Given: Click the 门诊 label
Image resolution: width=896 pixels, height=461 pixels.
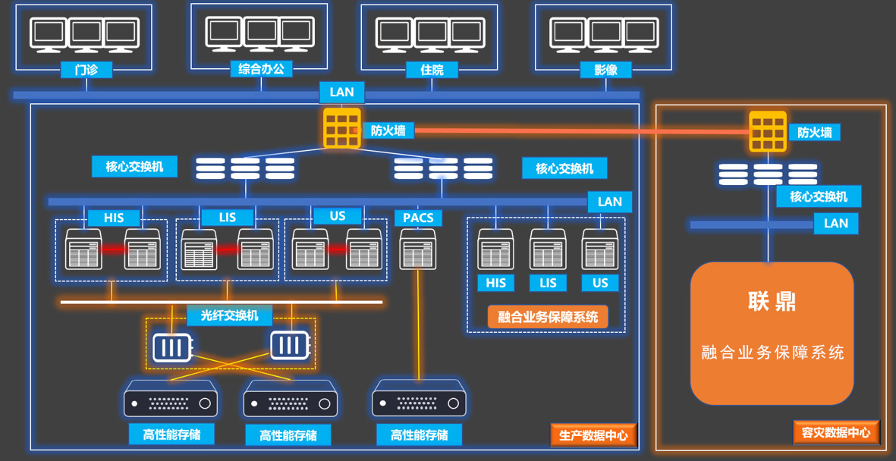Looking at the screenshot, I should coord(86,70).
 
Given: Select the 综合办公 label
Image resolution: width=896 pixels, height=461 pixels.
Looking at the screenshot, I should coord(261,69).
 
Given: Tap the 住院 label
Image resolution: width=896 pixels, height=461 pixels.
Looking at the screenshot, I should coord(431,70).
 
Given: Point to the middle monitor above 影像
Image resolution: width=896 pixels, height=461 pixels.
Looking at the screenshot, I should coord(605,34).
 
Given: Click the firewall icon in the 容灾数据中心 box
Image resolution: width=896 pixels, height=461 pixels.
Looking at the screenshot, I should coord(768,132).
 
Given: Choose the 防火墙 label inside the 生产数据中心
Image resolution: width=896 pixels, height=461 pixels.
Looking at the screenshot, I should coord(388,130).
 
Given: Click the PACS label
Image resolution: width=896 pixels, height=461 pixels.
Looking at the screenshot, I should coord(418,218).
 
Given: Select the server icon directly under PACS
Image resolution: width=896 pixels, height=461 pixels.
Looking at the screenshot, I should coord(418,249).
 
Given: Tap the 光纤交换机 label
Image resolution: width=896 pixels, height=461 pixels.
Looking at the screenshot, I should coord(229,315).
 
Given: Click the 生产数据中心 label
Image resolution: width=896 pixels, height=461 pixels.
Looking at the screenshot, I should coord(593,435).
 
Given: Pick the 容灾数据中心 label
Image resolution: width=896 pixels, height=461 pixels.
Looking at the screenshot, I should coord(836,432).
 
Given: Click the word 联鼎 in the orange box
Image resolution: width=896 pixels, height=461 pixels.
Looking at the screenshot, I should coord(772,302).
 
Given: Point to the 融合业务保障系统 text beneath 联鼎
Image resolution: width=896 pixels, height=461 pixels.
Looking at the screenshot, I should coord(772,353).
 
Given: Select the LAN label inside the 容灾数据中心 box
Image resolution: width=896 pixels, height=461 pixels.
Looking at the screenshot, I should coord(835,224).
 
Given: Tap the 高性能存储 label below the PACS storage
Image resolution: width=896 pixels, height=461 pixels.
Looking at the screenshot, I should coord(419,434).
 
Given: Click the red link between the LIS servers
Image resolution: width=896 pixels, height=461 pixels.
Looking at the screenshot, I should coord(227,249).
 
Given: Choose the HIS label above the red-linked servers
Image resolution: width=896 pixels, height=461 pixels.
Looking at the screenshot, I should coord(114,218).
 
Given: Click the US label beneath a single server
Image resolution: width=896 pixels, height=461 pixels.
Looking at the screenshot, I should coord(600,283).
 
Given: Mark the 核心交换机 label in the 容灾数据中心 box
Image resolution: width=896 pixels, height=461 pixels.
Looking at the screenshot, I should coord(818,197).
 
